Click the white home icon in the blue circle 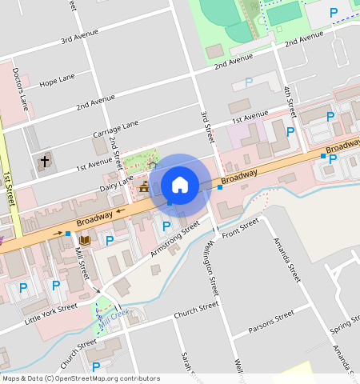[180, 185]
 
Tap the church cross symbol [45, 162]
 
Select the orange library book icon [85, 238]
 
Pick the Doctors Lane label [21, 88]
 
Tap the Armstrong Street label [174, 240]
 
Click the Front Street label [242, 228]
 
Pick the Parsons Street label [271, 321]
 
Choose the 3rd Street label [208, 126]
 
